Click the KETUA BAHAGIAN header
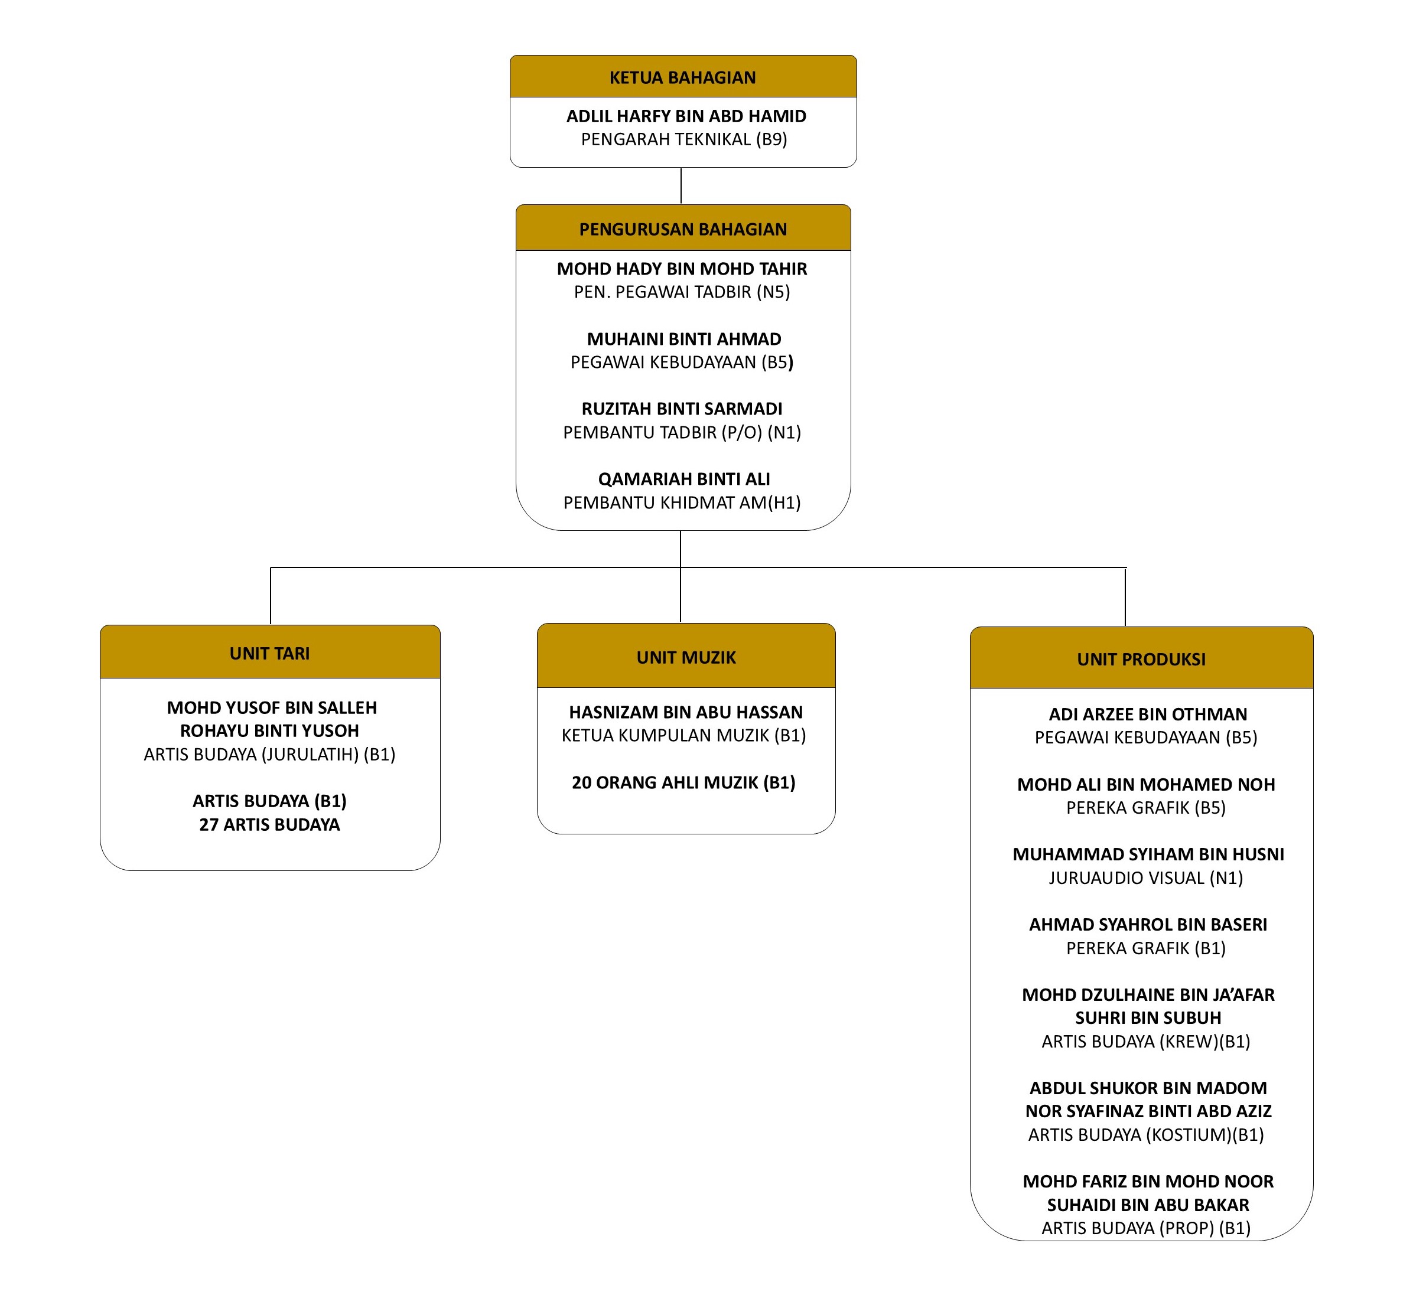683,77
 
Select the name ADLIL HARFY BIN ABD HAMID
686,116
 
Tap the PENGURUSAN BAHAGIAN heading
683,229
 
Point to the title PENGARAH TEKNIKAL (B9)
684,139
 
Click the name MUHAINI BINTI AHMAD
684,339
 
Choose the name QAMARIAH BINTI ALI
684,479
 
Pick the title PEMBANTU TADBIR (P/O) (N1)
682,432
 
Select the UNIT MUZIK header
686,657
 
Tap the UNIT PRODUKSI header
1141,659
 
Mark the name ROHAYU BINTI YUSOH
269,730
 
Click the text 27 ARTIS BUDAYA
269,824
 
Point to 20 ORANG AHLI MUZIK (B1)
683,782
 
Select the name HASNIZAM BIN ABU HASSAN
686,712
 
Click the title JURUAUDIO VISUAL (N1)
1146,877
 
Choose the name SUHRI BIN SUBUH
1148,1017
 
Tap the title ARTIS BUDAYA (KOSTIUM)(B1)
1146,1134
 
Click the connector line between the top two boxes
681,186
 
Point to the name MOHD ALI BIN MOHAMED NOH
1146,784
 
